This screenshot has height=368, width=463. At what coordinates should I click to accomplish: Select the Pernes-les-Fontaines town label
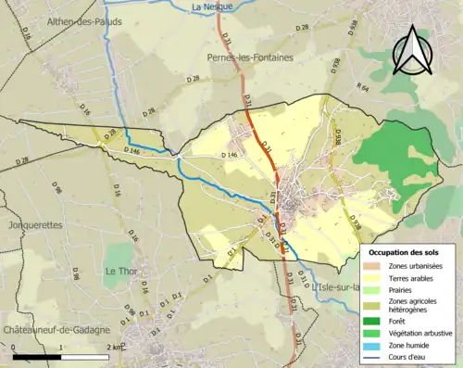click(245, 57)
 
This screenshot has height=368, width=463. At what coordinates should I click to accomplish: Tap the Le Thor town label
click(121, 272)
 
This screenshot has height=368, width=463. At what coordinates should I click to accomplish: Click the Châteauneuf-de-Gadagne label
click(56, 331)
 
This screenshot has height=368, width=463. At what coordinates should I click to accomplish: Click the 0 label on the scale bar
click(15, 347)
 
